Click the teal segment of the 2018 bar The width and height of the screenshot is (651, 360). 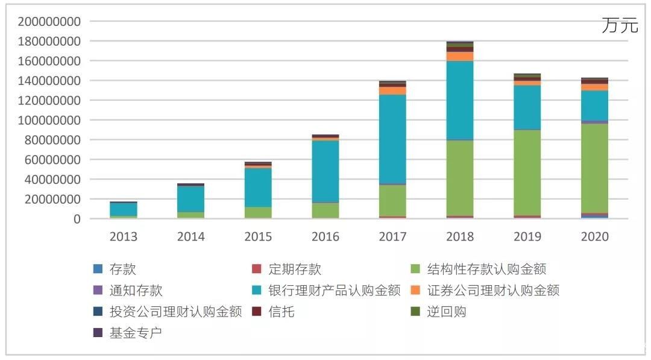tap(459, 100)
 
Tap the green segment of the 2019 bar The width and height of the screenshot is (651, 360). tap(527, 172)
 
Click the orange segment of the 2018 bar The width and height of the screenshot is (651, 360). tap(459, 56)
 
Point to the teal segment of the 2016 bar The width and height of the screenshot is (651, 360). tap(325, 171)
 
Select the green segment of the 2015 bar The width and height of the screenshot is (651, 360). tap(258, 212)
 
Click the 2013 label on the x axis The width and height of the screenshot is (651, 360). tap(123, 236)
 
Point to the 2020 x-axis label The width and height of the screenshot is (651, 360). tap(594, 236)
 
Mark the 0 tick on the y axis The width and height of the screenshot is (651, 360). tap(77, 219)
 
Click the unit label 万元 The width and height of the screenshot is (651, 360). tap(619, 26)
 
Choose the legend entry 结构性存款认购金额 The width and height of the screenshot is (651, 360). tap(485, 269)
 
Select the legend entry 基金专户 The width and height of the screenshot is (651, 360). tap(135, 333)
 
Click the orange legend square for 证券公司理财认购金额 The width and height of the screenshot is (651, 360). tap(416, 291)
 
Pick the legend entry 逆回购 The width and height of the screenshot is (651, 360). tap(446, 312)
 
